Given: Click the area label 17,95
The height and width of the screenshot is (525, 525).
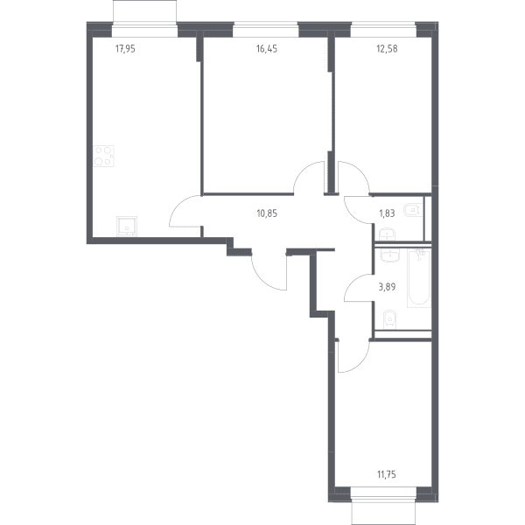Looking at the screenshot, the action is (125, 49).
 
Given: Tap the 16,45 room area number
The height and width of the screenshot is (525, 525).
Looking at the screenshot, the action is (267, 49).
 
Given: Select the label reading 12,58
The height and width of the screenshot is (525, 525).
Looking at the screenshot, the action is (387, 49).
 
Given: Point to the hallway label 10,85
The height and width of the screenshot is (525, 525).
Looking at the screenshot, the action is (267, 213).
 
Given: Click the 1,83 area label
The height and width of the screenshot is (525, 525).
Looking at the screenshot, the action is (387, 213).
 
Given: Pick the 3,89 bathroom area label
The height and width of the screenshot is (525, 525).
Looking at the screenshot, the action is (387, 287).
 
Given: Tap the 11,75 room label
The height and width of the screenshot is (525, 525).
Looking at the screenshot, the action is (387, 474).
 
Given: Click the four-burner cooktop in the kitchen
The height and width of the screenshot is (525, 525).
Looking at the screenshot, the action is (103, 156).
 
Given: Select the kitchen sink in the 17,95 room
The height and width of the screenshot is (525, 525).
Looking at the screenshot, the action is (127, 226).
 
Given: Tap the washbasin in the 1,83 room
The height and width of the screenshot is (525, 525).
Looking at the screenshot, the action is (388, 234).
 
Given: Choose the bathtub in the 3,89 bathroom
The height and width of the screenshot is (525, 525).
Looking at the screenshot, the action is (419, 278).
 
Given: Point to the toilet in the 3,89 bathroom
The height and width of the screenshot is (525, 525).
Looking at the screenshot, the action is (389, 318).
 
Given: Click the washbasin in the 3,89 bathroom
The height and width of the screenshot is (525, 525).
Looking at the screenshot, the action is (389, 255).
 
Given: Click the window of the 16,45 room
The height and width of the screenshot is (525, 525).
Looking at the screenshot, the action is (265, 30).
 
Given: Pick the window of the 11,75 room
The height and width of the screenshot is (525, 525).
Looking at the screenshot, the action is (383, 495).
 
